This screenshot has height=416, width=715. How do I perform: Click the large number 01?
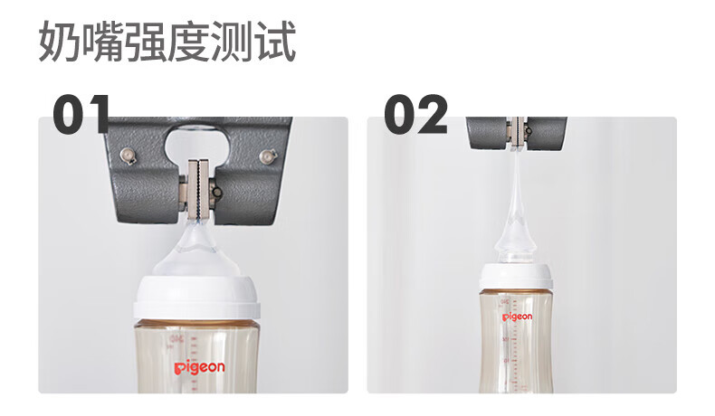click(81, 114)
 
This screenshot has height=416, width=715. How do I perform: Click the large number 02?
click(415, 114)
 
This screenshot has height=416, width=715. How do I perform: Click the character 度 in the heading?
click(189, 42)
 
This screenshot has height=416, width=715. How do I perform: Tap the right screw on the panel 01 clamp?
click(268, 156)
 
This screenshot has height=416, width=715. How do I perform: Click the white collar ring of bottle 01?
click(196, 298)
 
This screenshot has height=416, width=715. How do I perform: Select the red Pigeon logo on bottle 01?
click(200, 367)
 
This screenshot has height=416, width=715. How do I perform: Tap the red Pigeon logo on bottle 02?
click(517, 317)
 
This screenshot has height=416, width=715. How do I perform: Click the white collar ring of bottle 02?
click(516, 276)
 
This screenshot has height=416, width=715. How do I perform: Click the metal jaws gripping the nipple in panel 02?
click(517, 133)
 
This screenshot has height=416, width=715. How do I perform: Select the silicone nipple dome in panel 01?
click(196, 252)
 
